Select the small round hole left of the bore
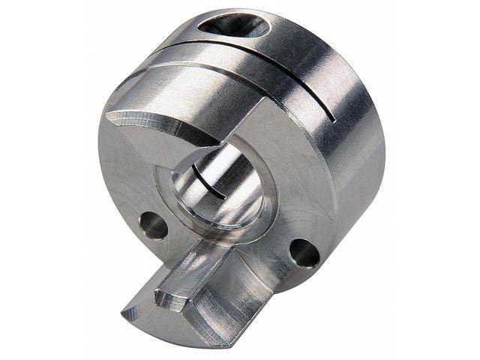point(153,224)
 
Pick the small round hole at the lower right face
point(304,253)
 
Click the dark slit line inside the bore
point(213,180)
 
